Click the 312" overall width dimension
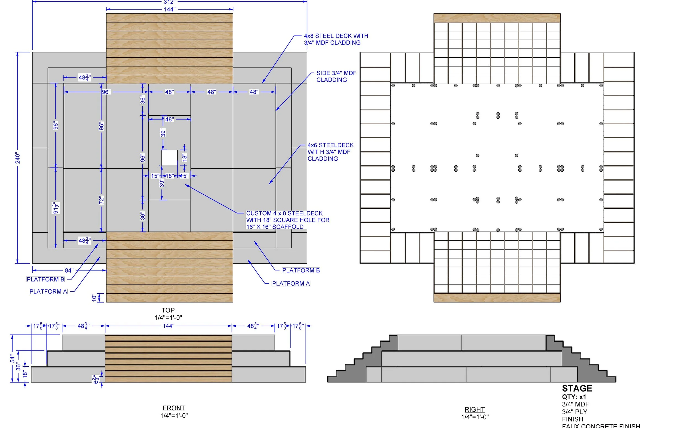[x=169, y=2]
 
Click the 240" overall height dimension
[x=18, y=158]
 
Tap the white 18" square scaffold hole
[x=169, y=158]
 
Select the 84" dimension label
[x=69, y=270]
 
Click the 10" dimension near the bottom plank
[x=94, y=297]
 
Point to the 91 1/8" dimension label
[x=56, y=208]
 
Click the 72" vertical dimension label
[x=101, y=200]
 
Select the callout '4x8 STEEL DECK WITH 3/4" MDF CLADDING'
[x=336, y=39]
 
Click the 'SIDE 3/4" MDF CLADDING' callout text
[x=336, y=76]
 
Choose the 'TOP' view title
[x=168, y=310]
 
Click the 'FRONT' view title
[x=174, y=408]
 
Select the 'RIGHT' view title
[x=474, y=409]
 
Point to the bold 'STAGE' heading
[x=577, y=388]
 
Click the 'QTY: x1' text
[x=574, y=397]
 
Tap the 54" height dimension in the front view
[x=12, y=358]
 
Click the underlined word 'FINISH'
[x=572, y=419]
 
